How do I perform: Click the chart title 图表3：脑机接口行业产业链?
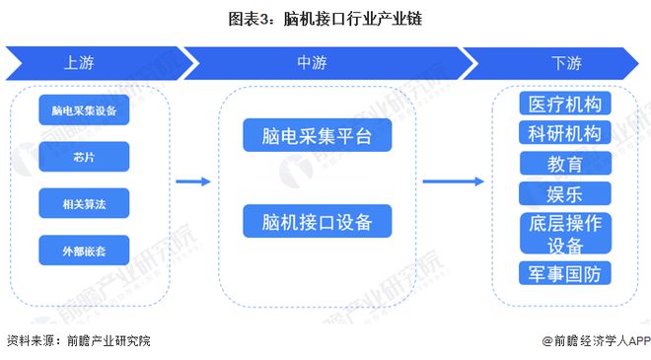[325, 19]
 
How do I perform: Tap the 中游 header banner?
[314, 63]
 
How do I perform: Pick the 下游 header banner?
[565, 63]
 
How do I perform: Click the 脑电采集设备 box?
[84, 110]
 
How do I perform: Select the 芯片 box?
[84, 157]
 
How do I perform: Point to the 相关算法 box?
[84, 203]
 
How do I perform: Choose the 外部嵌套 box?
[84, 250]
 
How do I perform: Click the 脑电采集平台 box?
[317, 136]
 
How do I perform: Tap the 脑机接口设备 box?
[317, 221]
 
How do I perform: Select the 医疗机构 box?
[564, 104]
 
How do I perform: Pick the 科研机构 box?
[564, 133]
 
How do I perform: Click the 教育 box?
[564, 163]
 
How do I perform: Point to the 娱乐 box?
[564, 192]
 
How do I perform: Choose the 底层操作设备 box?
[564, 233]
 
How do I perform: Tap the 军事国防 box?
[564, 272]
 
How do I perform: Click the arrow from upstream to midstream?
[193, 181]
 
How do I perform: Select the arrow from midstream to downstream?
[453, 181]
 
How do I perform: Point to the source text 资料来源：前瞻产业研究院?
[79, 340]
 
